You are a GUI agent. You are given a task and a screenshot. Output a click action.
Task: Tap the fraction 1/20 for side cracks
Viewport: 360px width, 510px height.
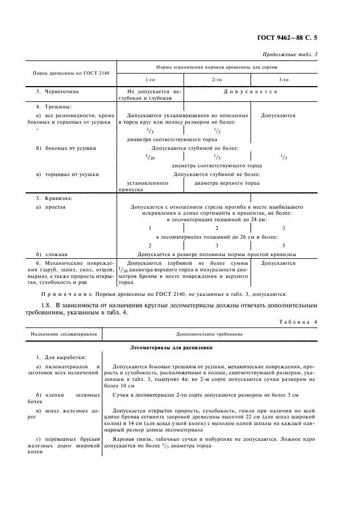coord(151,156)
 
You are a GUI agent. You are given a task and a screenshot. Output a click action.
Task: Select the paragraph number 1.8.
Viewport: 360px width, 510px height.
coord(49,306)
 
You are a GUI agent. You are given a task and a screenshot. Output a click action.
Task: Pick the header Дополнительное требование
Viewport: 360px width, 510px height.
coord(210,333)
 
